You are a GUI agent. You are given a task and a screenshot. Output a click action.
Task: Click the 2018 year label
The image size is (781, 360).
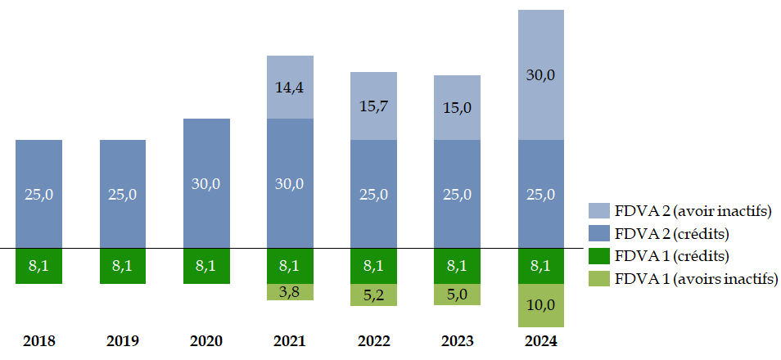[x=38, y=340]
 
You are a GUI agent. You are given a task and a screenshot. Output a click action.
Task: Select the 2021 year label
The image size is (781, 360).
[x=290, y=340]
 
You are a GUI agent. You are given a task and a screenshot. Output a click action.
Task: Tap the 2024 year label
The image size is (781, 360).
[x=541, y=340]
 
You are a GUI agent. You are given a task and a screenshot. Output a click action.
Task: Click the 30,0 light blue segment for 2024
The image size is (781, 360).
[x=540, y=74]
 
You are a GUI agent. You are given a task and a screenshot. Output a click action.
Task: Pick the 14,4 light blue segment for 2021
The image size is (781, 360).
[x=290, y=88]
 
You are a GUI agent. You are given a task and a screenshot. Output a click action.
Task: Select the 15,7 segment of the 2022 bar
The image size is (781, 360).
[x=373, y=106]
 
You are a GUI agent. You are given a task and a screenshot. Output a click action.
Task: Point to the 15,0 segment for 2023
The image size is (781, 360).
[x=457, y=108]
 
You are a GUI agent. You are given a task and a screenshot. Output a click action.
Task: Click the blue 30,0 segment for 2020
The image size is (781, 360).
[x=206, y=183]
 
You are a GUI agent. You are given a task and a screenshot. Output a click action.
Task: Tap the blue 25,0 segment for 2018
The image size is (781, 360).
[x=38, y=194]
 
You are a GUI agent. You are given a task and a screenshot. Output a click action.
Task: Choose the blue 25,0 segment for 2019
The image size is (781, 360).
[x=123, y=194]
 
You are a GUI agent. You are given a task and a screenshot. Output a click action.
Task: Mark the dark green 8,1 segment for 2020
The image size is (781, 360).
[x=206, y=266]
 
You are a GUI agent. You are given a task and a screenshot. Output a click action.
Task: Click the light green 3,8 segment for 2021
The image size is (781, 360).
[x=290, y=292]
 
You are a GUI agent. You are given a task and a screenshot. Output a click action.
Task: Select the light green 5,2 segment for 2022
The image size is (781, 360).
[x=373, y=295]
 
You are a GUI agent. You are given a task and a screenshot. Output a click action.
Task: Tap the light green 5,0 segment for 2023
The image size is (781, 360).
[x=457, y=295]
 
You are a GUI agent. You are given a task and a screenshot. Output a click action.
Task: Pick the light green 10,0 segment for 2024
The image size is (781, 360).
[x=540, y=305]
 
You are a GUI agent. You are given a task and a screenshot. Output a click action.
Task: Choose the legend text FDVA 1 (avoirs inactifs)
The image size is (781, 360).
[x=696, y=279]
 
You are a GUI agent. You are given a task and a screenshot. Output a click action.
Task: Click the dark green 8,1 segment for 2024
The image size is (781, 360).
[x=540, y=266]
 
